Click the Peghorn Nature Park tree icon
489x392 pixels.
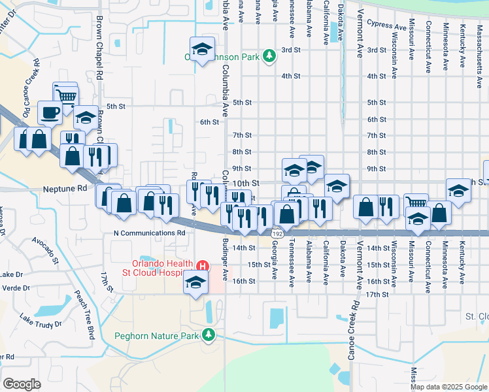pyautogui.click(x=209, y=335)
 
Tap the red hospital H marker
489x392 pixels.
pyautogui.click(x=203, y=267)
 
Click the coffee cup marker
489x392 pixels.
pyautogui.click(x=50, y=112)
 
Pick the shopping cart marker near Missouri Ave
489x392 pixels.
pyautogui.click(x=416, y=204)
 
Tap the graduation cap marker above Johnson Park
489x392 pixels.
pyautogui.click(x=203, y=48)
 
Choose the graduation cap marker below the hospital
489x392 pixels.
pyautogui.click(x=195, y=282)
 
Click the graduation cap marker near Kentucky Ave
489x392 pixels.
pyautogui.click(x=458, y=191)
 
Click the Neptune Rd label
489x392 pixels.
pyautogui.click(x=65, y=188)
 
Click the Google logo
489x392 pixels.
pyautogui.click(x=22, y=384)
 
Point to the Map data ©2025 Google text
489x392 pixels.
pyautogui.click(x=448, y=387)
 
